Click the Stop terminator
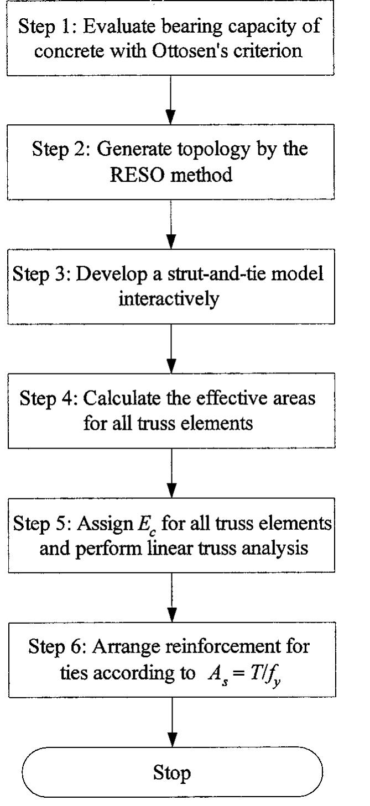coord(172,772)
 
